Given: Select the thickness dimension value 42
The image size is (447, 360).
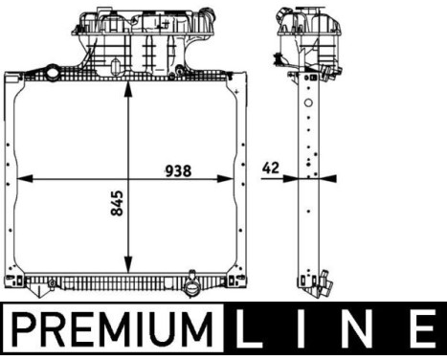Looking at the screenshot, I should (x=271, y=168).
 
